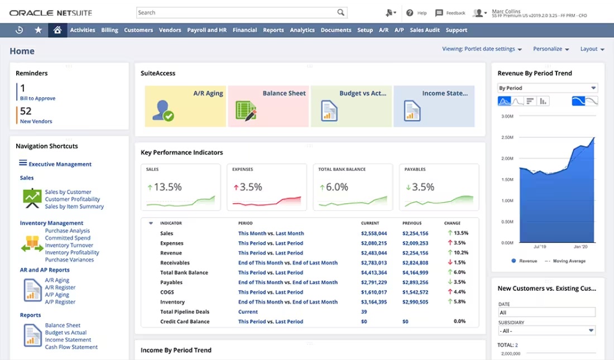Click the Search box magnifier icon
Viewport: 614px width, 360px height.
(340, 12)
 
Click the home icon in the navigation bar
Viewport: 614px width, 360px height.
(57, 30)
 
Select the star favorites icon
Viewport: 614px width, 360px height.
(38, 30)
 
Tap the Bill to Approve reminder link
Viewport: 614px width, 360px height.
(37, 98)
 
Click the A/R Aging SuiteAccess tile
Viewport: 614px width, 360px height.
(186, 106)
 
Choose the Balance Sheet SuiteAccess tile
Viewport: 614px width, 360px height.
(268, 106)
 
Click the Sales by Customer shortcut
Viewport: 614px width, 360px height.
(68, 192)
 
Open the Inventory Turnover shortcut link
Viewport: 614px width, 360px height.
(69, 246)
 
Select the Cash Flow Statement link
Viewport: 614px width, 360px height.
(71, 347)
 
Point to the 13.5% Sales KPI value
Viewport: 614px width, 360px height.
(167, 188)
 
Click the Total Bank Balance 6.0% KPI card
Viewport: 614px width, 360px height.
(353, 187)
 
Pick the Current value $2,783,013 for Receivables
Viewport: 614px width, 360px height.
(374, 263)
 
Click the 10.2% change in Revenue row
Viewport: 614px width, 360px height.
(460, 253)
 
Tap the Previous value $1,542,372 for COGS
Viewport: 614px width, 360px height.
(415, 292)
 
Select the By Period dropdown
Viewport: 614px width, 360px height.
(547, 88)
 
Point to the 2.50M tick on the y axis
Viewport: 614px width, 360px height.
(507, 137)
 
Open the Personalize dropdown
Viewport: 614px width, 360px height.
(551, 49)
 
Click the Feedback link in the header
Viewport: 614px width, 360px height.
(450, 13)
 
